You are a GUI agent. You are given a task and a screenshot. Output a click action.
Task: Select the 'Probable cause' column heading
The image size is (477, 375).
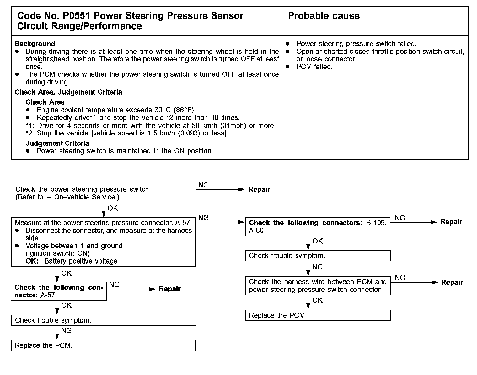tap(324, 16)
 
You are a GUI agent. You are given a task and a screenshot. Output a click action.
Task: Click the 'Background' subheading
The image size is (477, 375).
tap(35, 44)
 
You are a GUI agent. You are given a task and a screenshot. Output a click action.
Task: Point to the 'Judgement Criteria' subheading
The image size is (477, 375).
tap(57, 143)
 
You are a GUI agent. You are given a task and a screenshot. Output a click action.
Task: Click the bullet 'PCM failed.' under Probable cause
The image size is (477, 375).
tap(314, 67)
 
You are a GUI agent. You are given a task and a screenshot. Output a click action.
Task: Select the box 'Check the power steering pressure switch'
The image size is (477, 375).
tap(104, 193)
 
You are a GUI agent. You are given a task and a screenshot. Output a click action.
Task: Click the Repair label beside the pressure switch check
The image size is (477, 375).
tap(259, 189)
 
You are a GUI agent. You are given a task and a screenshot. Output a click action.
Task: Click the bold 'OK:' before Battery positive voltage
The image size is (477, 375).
tap(32, 261)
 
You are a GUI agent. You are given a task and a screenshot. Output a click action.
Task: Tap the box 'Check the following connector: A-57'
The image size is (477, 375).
tap(59, 291)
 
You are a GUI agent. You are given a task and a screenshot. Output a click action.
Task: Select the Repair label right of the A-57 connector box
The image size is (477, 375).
tap(170, 289)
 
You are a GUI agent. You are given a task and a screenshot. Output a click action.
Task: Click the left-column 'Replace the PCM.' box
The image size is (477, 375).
tap(103, 345)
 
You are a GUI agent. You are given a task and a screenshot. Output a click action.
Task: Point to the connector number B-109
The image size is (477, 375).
tap(376, 223)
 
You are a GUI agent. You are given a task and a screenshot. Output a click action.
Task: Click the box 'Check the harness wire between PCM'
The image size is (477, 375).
tap(318, 285)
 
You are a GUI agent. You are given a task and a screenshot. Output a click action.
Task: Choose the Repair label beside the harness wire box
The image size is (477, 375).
tap(452, 282)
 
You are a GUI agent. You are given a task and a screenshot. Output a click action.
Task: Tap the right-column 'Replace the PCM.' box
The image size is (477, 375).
tap(318, 315)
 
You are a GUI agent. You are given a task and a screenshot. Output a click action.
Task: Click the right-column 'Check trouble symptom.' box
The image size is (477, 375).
tap(318, 256)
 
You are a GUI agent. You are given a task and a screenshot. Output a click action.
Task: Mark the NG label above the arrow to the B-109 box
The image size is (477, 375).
tap(204, 218)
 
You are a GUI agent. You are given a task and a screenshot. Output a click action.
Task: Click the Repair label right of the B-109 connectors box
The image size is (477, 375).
tap(451, 222)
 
